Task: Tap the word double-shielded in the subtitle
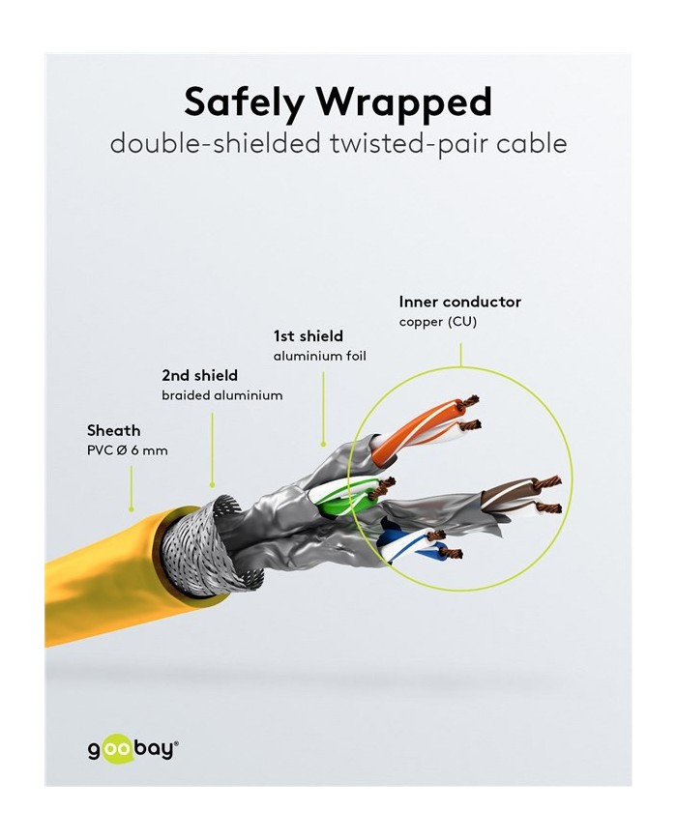click(x=215, y=144)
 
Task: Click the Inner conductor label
click(x=460, y=302)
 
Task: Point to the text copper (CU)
click(x=437, y=322)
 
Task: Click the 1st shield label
click(x=309, y=335)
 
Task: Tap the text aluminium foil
click(x=320, y=357)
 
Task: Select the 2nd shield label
click(x=199, y=375)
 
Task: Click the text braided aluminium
click(x=221, y=395)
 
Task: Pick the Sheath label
click(x=113, y=430)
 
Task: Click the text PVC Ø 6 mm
click(x=128, y=450)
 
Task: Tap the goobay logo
click(x=132, y=748)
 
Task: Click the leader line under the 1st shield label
click(x=323, y=409)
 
